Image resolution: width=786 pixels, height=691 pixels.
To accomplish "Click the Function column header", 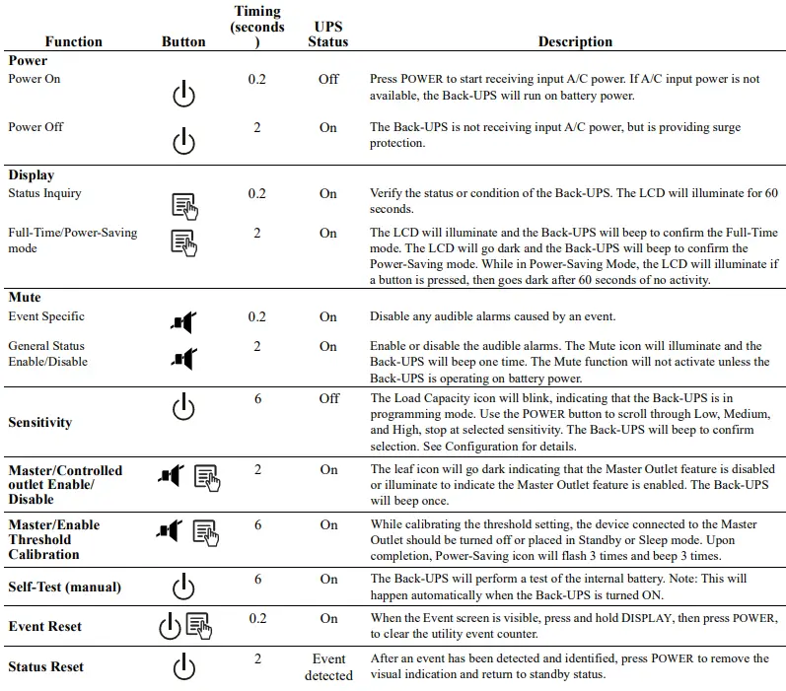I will coord(73,41).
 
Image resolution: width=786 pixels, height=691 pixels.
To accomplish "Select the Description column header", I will coord(575,41).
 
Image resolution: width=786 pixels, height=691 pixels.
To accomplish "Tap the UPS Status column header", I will coord(327,34).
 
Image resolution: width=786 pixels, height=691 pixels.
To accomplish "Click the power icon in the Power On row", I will coord(183,95).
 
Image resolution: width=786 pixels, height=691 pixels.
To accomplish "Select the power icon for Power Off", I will coord(183,142).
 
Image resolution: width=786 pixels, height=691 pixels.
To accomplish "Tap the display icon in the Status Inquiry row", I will coord(184,205).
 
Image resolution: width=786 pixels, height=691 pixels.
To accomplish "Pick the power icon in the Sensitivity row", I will coord(183,406).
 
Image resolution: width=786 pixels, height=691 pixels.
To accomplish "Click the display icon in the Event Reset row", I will coord(198,625).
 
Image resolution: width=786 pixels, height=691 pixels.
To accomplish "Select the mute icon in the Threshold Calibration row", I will coord(170,531).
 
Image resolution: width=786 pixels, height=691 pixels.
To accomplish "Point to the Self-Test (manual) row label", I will coord(64,587).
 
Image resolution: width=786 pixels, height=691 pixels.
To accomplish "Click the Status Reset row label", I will coord(45,666).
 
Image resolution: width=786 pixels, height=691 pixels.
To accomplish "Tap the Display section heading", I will coord(32,174).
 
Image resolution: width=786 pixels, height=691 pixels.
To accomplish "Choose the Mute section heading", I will coord(25,297).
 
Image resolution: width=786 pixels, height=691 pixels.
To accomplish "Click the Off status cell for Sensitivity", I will coord(328,398).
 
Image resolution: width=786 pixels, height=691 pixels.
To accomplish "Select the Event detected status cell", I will coord(328,666).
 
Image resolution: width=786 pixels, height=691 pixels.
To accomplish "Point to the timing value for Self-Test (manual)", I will coord(257,579).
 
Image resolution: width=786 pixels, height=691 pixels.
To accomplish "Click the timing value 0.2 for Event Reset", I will coord(257,618).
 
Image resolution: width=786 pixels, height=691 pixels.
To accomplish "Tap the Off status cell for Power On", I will coord(328,79).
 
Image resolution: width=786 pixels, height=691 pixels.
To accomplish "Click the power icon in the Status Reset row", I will coord(183,667).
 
